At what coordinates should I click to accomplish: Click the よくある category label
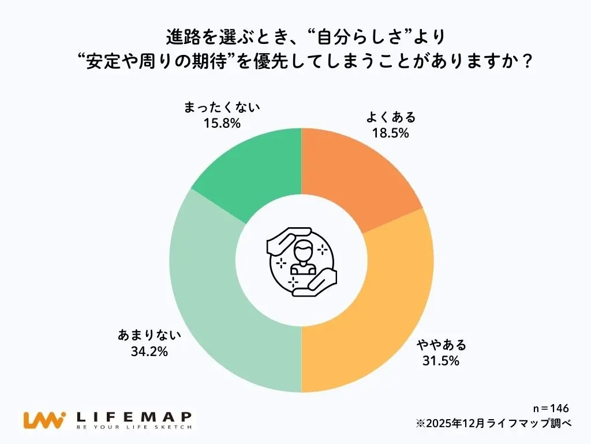[390, 117]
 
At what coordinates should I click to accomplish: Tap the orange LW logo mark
[44, 419]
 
